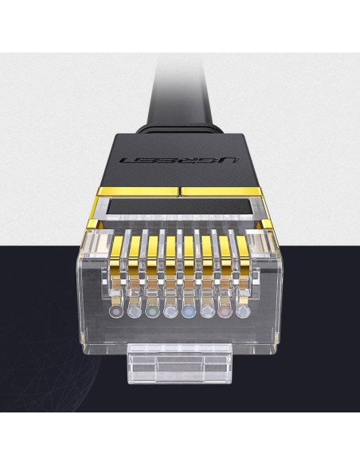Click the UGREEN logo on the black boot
click(x=179, y=160)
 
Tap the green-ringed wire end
click(x=152, y=311)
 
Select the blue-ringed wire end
click(x=189, y=311)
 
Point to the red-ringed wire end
click(x=225, y=311)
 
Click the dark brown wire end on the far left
click(x=116, y=311)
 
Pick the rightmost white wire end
click(x=243, y=311)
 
